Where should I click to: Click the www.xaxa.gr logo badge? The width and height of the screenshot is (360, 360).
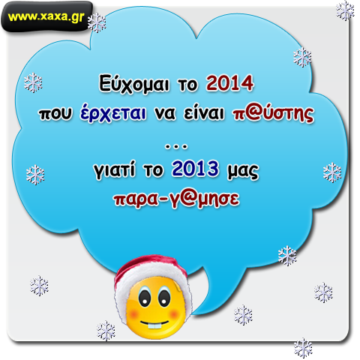click(46, 16)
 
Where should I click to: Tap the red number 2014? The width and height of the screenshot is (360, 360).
click(230, 83)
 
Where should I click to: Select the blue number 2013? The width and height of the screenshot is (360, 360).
click(195, 169)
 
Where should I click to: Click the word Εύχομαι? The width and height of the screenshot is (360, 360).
click(134, 84)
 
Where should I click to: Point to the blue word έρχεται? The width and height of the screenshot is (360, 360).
click(113, 113)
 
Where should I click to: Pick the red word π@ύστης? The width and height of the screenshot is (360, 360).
click(273, 114)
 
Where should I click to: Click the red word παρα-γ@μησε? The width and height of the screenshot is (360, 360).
click(177, 199)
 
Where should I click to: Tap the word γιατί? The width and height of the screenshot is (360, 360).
click(115, 170)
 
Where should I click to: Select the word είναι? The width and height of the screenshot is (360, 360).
click(204, 113)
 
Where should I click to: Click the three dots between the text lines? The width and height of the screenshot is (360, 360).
click(176, 147)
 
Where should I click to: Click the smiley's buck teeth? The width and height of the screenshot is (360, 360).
click(154, 326)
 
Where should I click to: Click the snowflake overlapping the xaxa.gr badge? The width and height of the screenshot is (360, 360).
click(97, 22)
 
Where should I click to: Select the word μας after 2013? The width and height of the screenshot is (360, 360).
click(243, 171)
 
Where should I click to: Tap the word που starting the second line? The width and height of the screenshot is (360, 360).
click(55, 114)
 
